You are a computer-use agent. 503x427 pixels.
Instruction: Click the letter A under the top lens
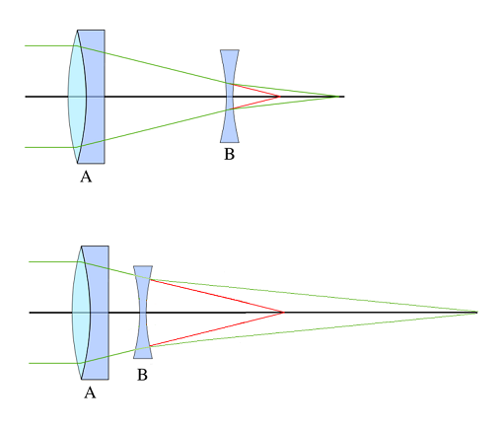86,177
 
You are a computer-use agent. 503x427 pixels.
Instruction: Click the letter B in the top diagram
230,154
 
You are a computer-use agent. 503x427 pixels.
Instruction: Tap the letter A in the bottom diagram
90,392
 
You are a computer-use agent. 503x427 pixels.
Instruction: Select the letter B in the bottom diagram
142,375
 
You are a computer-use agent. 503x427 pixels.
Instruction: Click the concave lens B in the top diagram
230,96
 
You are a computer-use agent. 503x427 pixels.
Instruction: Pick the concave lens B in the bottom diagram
143,312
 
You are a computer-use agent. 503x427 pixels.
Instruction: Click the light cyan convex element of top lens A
76,97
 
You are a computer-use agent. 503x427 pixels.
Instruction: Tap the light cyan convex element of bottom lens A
80,313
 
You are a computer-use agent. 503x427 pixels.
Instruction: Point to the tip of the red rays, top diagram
280,97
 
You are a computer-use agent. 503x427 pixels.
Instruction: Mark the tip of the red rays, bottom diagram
284,313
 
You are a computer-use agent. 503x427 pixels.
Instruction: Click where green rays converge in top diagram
338,97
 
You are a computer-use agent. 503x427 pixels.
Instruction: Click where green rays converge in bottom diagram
476,313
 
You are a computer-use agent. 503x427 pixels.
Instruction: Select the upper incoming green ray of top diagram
50,45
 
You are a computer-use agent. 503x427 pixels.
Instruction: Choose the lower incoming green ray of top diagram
50,147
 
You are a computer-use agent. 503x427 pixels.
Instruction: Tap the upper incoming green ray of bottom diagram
54,261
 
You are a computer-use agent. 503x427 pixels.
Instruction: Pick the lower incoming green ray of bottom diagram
54,363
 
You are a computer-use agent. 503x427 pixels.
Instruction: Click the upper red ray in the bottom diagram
217,296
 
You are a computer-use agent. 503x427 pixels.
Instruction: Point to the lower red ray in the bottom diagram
217,329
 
